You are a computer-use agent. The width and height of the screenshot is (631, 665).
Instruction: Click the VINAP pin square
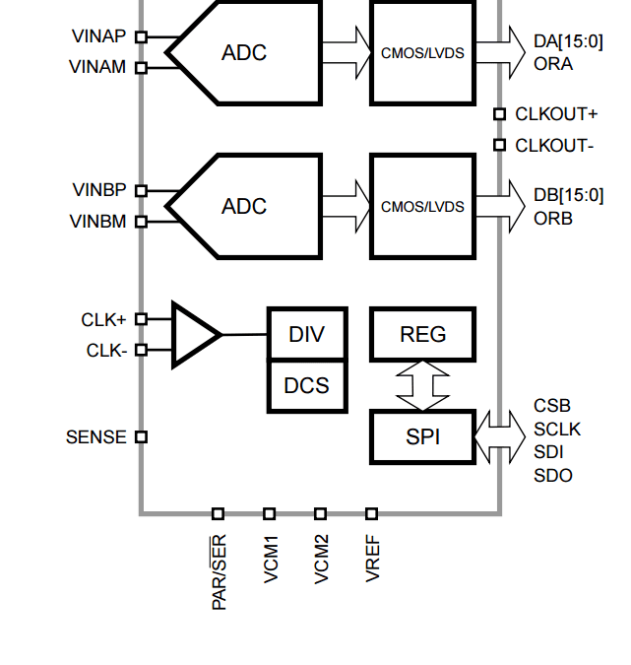[x=141, y=37]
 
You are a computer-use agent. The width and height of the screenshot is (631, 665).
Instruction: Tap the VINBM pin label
[x=97, y=222]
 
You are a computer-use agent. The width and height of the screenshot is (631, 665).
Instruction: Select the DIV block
[x=307, y=334]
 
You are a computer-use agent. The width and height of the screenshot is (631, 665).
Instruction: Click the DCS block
[x=307, y=385]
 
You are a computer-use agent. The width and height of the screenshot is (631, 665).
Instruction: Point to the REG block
[x=422, y=334]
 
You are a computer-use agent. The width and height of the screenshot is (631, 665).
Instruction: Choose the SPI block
[x=422, y=436]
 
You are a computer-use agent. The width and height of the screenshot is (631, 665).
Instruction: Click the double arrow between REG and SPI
[x=422, y=385]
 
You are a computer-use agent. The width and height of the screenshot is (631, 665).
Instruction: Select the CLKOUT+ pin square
[x=500, y=114]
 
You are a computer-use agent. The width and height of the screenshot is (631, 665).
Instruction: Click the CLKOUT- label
[x=554, y=146]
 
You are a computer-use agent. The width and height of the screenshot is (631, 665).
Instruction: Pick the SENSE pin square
[x=141, y=436]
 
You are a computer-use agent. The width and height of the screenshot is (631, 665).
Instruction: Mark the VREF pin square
[x=372, y=514]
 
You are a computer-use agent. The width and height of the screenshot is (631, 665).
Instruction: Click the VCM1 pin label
[x=271, y=559]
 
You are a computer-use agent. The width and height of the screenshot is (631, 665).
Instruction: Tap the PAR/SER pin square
[x=218, y=514]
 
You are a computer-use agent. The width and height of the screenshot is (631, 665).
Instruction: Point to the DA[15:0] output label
[x=568, y=41]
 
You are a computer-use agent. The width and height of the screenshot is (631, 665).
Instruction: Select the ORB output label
[x=553, y=219]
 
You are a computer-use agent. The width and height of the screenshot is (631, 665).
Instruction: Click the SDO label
[x=553, y=476]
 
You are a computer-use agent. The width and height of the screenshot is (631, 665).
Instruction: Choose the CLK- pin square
[x=141, y=350]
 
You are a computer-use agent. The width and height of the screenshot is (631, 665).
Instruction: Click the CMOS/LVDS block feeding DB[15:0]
[x=422, y=207]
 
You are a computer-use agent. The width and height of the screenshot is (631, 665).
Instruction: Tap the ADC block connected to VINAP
[x=244, y=53]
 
